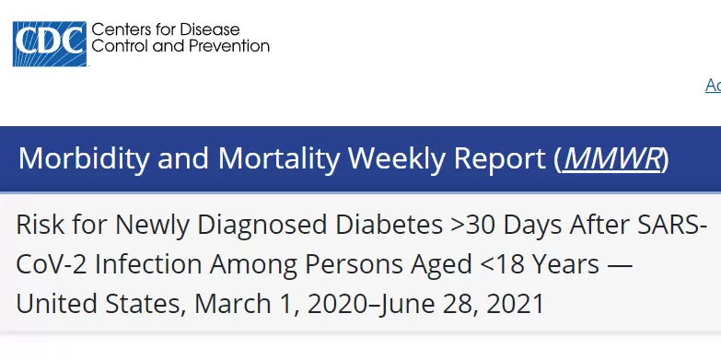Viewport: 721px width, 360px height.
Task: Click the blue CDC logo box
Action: [x=49, y=43]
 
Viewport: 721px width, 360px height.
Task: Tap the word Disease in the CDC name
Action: [x=210, y=29]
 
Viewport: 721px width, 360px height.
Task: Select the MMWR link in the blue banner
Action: [x=612, y=158]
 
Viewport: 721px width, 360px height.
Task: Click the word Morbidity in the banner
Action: [x=84, y=159]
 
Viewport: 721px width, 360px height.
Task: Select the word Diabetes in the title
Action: [x=389, y=225]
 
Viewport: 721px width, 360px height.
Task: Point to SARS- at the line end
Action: [x=672, y=225]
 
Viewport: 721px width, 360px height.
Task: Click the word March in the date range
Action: [x=233, y=304]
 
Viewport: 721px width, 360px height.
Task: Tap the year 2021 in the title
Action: [x=516, y=305]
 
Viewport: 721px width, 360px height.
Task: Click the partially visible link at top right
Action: [x=714, y=85]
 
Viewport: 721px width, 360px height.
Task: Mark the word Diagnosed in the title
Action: [x=262, y=226]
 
